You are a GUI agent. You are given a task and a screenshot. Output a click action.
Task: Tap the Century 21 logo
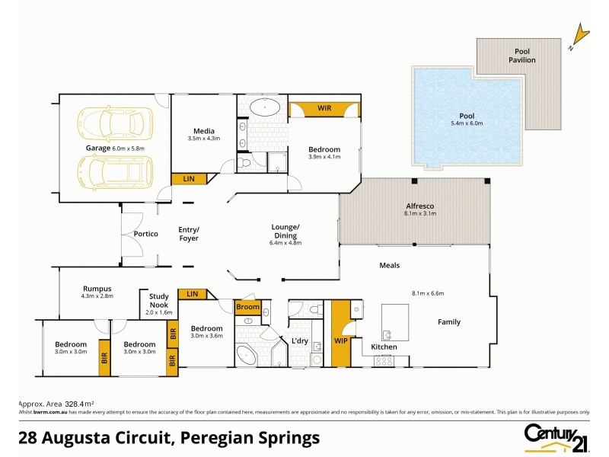pos(556,436)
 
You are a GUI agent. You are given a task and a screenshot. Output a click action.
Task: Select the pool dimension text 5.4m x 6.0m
pos(467,123)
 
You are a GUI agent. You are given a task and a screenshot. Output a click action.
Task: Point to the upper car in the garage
pos(116,121)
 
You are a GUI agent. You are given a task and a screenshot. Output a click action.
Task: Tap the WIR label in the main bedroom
pos(324,109)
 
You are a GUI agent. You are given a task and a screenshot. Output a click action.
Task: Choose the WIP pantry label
pos(340,340)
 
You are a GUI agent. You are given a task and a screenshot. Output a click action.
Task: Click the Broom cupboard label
pos(247,307)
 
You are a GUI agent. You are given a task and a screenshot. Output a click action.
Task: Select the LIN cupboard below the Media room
pos(188,178)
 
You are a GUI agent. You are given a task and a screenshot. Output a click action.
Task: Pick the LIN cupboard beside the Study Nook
pos(192,293)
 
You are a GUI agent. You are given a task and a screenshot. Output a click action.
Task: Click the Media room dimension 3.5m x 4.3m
pos(203,139)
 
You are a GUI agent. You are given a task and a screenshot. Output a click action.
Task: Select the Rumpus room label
pos(97,289)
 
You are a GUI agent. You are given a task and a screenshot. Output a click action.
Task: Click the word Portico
pos(145,234)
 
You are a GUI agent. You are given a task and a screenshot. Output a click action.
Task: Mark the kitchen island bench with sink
pos(395,323)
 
